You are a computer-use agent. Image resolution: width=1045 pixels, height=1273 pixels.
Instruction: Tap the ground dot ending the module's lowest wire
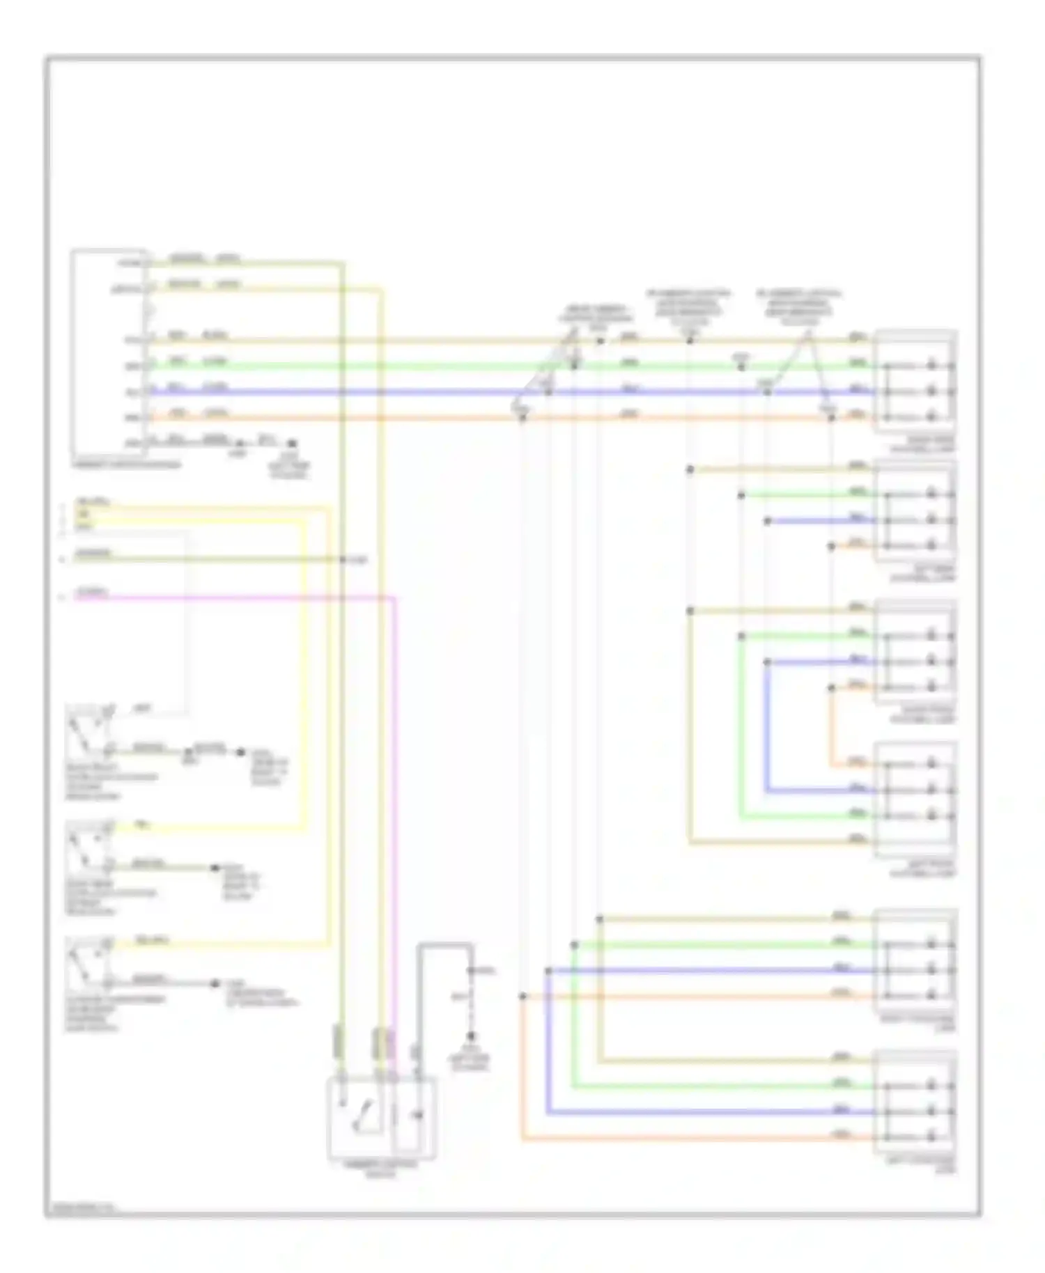coord(292,443)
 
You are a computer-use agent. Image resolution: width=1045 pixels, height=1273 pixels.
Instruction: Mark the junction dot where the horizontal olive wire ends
coord(343,559)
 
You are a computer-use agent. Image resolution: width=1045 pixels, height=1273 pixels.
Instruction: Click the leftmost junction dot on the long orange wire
coord(522,418)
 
